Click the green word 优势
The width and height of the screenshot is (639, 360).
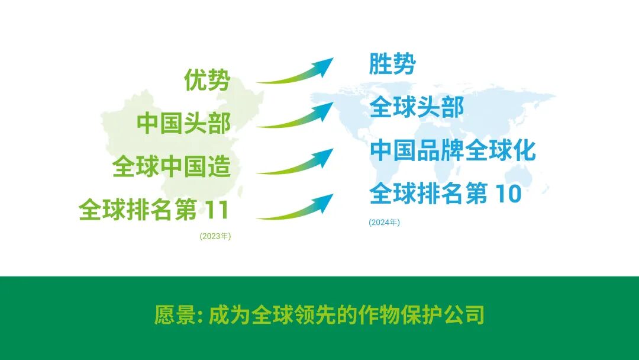coord(206,80)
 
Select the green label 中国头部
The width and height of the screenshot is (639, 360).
coord(183,124)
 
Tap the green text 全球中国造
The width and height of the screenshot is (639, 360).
coord(172,168)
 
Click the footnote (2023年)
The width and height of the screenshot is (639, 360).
coord(215,236)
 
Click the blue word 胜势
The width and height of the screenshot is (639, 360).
coord(392,64)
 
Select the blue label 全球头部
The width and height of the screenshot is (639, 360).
coord(417,108)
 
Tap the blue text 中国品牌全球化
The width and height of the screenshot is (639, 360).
coord(453,150)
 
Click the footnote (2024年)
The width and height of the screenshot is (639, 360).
coord(385,223)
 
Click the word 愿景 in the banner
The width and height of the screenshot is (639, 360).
coord(175,315)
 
